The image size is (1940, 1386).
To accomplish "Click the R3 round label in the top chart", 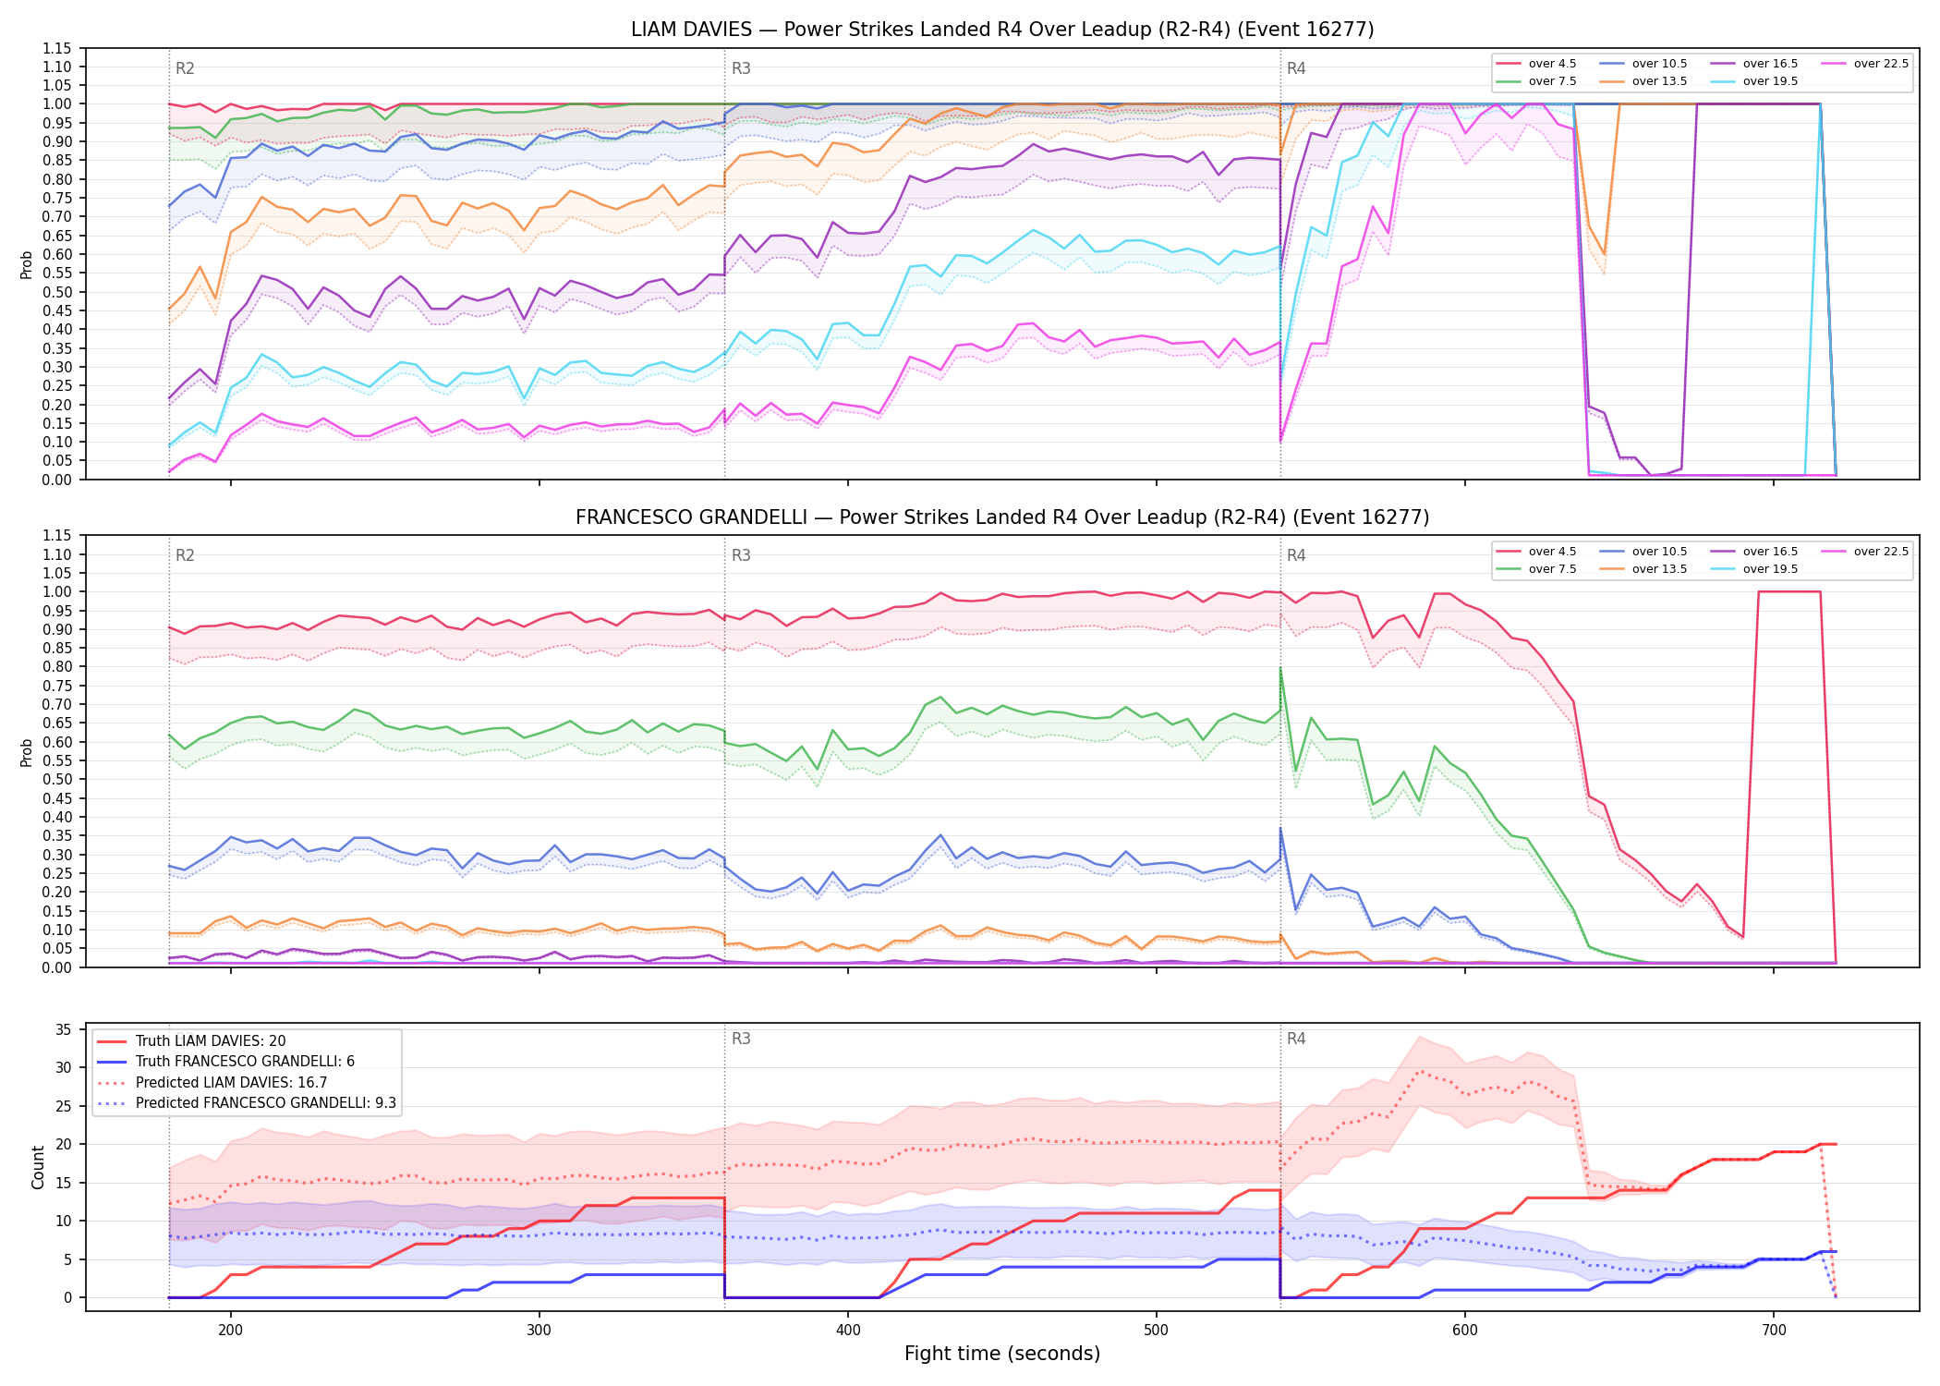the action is click(741, 68).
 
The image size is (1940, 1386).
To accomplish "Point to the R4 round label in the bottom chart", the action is click(1296, 1039).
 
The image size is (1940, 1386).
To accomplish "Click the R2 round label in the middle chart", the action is click(185, 555).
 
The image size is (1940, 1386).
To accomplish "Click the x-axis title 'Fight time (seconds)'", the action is click(1002, 1354).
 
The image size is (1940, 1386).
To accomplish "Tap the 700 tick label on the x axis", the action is click(1774, 1330).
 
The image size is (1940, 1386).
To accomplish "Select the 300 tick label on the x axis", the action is click(539, 1330).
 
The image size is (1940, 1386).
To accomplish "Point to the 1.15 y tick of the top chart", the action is click(57, 48).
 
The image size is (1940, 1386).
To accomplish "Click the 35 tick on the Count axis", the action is click(64, 1029).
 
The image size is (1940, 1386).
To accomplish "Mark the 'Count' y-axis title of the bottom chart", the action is click(38, 1167).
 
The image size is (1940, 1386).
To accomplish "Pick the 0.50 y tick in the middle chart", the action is click(57, 779).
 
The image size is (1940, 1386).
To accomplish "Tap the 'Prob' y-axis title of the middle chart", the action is click(27, 752).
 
